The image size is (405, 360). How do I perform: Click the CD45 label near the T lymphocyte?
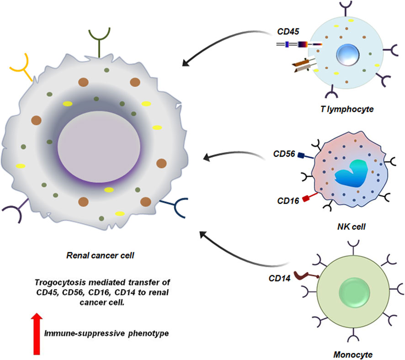pyautogui.click(x=287, y=33)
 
